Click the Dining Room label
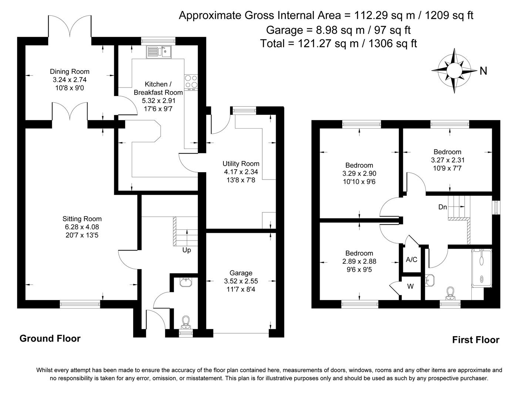click(70, 72)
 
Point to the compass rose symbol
click(454, 70)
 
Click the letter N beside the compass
click(483, 71)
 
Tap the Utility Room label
click(241, 164)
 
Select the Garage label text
click(241, 273)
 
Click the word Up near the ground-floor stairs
click(186, 250)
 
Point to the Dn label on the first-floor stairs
click(443, 207)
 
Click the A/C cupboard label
click(411, 260)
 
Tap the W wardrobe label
click(411, 286)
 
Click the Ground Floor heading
click(50, 338)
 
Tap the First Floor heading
click(475, 340)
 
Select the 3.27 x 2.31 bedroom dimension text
click(447, 160)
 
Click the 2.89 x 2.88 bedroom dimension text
click(359, 261)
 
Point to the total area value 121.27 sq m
click(310, 44)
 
